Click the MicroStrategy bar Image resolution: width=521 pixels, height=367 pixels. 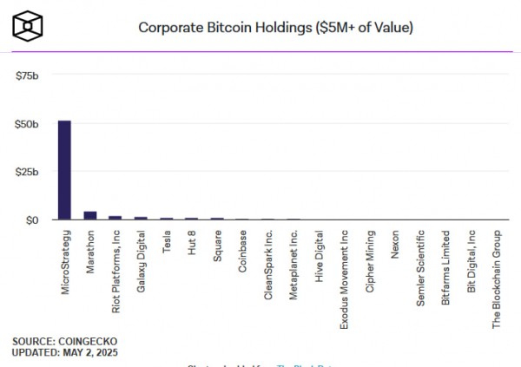pos(64,170)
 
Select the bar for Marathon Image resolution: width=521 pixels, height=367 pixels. pos(89,215)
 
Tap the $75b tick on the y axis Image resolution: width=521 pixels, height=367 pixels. pos(28,75)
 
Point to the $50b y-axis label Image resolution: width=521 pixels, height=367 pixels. pos(28,124)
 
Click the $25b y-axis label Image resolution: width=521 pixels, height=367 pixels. pos(28,172)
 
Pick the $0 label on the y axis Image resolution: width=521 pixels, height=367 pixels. pos(32,220)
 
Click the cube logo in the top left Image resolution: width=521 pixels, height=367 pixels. pos(28,25)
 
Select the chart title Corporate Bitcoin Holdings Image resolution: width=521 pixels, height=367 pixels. pos(275,27)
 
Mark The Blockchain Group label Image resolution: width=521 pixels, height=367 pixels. pos(497,279)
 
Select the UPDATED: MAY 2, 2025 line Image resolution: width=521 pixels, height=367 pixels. pos(65,352)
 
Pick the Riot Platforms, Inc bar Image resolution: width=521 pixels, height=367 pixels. pos(115,217)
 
